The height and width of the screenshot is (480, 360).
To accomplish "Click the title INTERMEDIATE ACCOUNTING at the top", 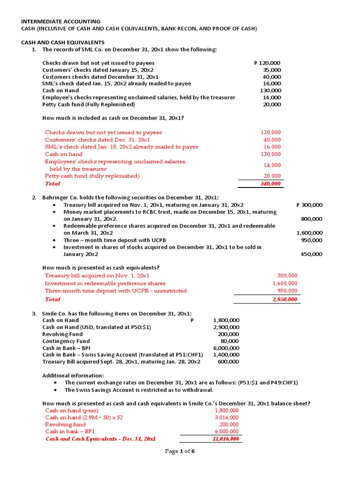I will pos(61,21).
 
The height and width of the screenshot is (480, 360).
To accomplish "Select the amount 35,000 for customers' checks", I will pos(272,70).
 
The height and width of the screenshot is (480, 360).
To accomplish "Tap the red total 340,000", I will pos(270,184).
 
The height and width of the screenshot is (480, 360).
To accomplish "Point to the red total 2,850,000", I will pos(285,299).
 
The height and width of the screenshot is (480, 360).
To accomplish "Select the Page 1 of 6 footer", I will pos(180,451).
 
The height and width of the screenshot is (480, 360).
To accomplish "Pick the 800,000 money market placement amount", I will pos(311,218).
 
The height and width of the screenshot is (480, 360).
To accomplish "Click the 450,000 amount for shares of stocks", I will pos(311,254).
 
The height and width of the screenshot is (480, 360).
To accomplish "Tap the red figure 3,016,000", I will pos(226,417).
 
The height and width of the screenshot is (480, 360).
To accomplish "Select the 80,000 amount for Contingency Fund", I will pos(229,341).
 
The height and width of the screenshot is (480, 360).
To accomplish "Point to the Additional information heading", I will pos(73,375).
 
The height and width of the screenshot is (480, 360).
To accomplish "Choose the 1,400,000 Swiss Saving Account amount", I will pos(226,355).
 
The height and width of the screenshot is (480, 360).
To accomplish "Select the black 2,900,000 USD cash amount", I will pos(226,327).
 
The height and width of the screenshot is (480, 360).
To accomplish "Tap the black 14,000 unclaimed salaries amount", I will pos(272,97).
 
